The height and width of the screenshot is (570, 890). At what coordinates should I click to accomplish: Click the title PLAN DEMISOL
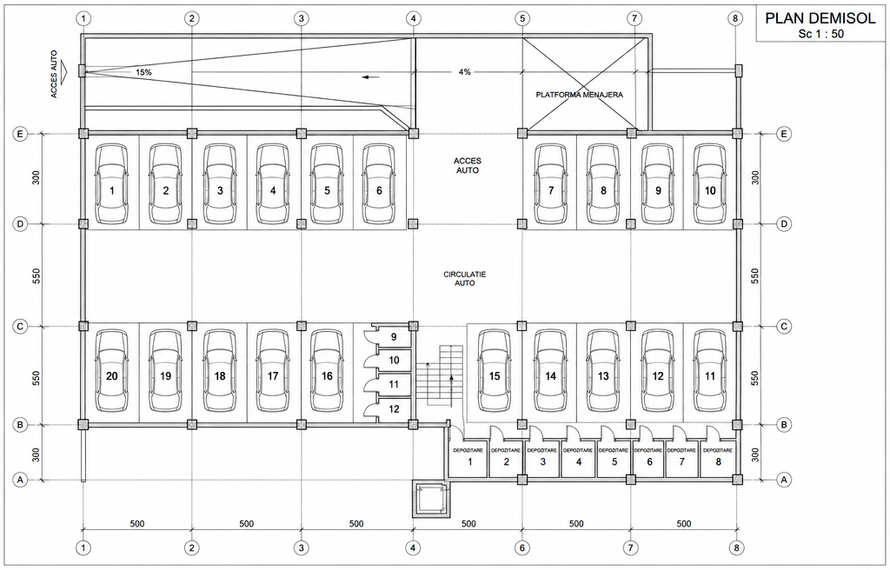pos(820,18)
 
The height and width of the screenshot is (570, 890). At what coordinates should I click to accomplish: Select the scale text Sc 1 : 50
pos(820,34)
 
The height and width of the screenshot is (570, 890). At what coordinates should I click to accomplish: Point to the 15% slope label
pos(143,73)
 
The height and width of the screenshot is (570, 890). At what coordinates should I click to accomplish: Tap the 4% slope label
pos(464,72)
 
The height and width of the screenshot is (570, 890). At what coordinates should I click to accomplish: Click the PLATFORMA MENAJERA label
pos(579,95)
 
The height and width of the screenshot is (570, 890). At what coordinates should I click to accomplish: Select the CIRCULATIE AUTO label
pos(465,278)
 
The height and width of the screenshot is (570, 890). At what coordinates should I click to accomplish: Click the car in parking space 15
pos(495,372)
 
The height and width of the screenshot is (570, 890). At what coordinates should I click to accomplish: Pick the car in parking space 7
pos(550,184)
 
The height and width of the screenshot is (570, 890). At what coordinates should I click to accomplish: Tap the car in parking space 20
pos(112,372)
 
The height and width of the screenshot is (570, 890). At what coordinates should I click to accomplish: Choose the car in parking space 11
pos(710,372)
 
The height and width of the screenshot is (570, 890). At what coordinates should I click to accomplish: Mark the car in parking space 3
pos(220,184)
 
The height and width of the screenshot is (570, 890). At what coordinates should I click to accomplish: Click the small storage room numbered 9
pos(394,336)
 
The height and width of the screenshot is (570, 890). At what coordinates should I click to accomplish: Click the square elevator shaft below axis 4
pos(429,498)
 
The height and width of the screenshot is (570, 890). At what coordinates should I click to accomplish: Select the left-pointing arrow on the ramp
pos(372,77)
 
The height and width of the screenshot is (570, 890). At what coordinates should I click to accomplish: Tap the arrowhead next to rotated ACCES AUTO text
pos(63,70)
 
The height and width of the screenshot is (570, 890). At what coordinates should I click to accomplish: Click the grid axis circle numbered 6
pos(521,548)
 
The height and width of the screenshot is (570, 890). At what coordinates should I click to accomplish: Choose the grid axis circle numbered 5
pos(522,18)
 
